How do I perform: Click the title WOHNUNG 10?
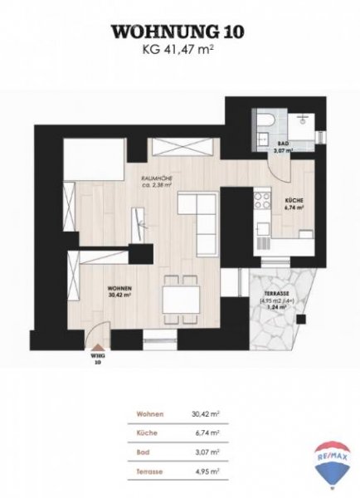click(180, 31)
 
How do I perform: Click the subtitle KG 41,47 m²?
click(180, 49)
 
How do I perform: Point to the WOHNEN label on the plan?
click(119, 291)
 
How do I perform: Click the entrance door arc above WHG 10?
click(99, 341)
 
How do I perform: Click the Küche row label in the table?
click(139, 432)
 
